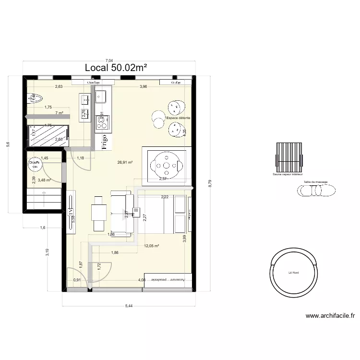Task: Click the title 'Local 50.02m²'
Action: coord(116,68)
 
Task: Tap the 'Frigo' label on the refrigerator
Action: coord(104,141)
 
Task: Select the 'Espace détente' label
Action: coord(178,118)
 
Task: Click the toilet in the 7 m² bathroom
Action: coord(34,98)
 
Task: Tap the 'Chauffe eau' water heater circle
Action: coord(35,164)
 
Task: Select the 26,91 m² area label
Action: coord(125,162)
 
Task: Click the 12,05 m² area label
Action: coord(151,246)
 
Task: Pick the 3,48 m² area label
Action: coord(44,180)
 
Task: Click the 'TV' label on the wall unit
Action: coord(71,211)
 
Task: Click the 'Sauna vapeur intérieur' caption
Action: coord(288,175)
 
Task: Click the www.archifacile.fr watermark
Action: coord(330,316)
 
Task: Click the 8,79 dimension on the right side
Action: coord(209,183)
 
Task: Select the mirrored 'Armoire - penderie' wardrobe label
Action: coord(169,279)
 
